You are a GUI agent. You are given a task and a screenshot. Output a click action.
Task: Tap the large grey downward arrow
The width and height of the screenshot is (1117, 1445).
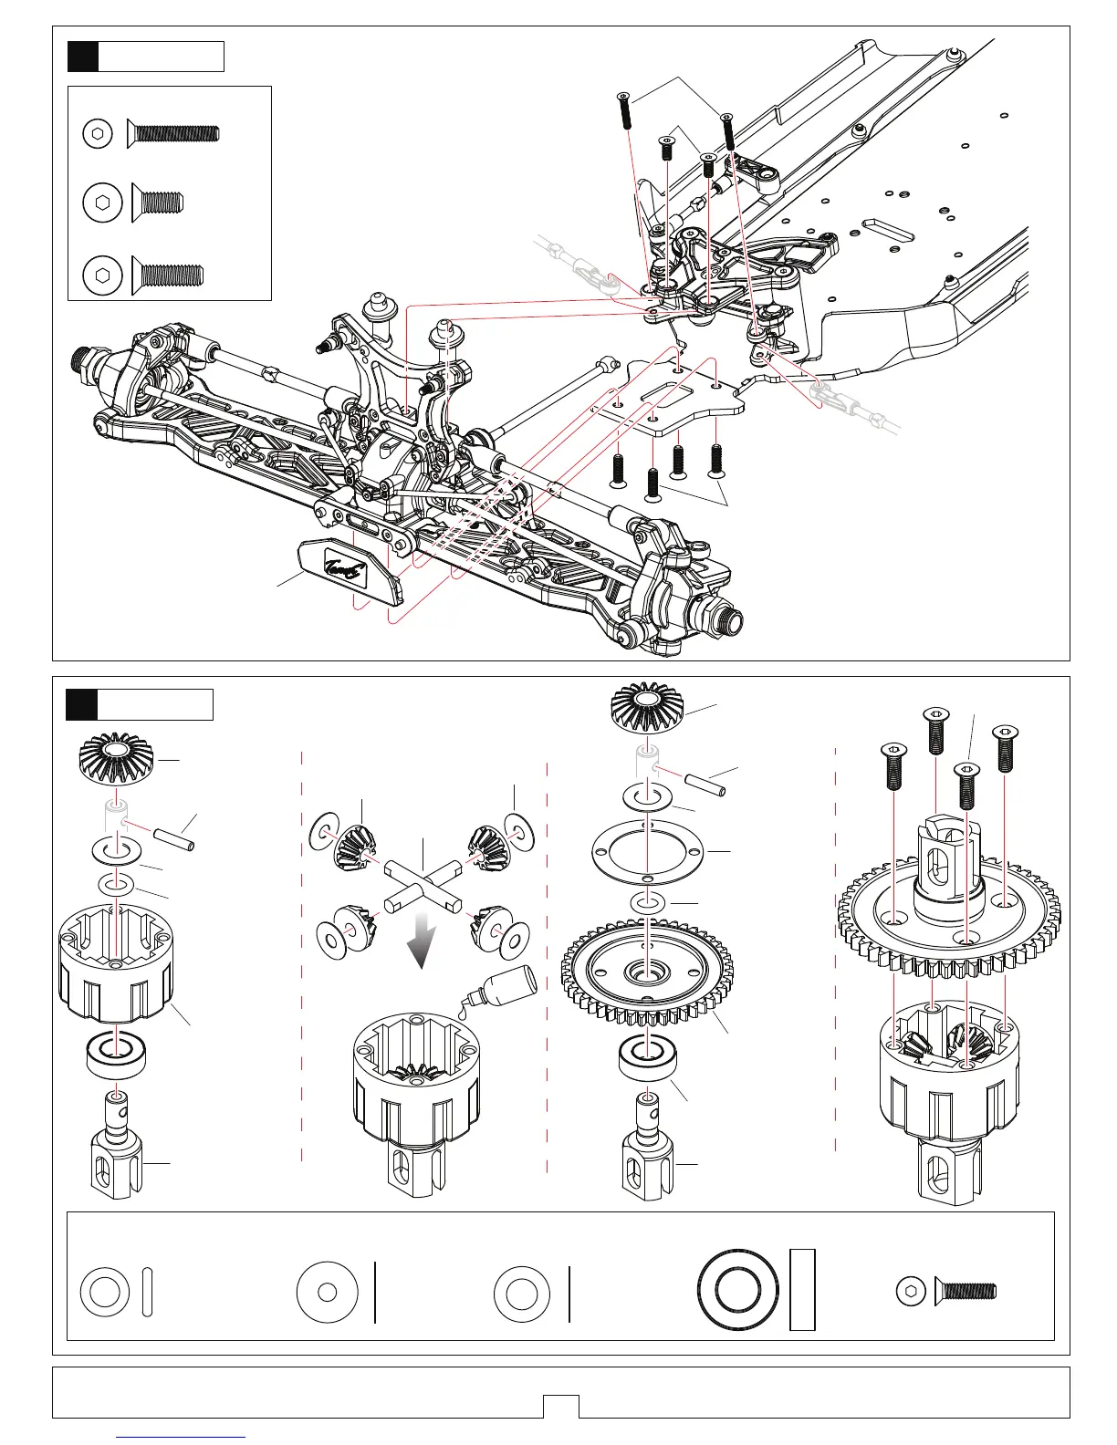point(421,942)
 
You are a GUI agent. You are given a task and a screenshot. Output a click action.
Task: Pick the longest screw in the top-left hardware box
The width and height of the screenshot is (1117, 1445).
point(173,133)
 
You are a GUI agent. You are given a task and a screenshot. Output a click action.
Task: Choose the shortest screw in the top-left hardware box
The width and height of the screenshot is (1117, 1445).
point(159,201)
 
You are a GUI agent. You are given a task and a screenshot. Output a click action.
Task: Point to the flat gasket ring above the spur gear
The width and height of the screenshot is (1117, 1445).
point(647,850)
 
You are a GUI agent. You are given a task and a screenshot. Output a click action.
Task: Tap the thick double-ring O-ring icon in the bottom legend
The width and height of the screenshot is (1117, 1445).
point(738,1291)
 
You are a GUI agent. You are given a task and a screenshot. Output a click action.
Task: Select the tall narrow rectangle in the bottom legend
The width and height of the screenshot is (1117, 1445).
point(802,1290)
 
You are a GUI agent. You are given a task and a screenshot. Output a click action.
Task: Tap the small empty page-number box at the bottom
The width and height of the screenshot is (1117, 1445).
point(560,1406)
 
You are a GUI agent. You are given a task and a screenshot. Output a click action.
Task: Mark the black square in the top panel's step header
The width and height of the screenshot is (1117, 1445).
point(83,57)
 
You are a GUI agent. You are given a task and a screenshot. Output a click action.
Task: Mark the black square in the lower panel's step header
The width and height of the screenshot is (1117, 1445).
point(82,704)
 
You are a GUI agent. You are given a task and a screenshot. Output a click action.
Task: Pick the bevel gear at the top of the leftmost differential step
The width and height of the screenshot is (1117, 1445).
point(115,760)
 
